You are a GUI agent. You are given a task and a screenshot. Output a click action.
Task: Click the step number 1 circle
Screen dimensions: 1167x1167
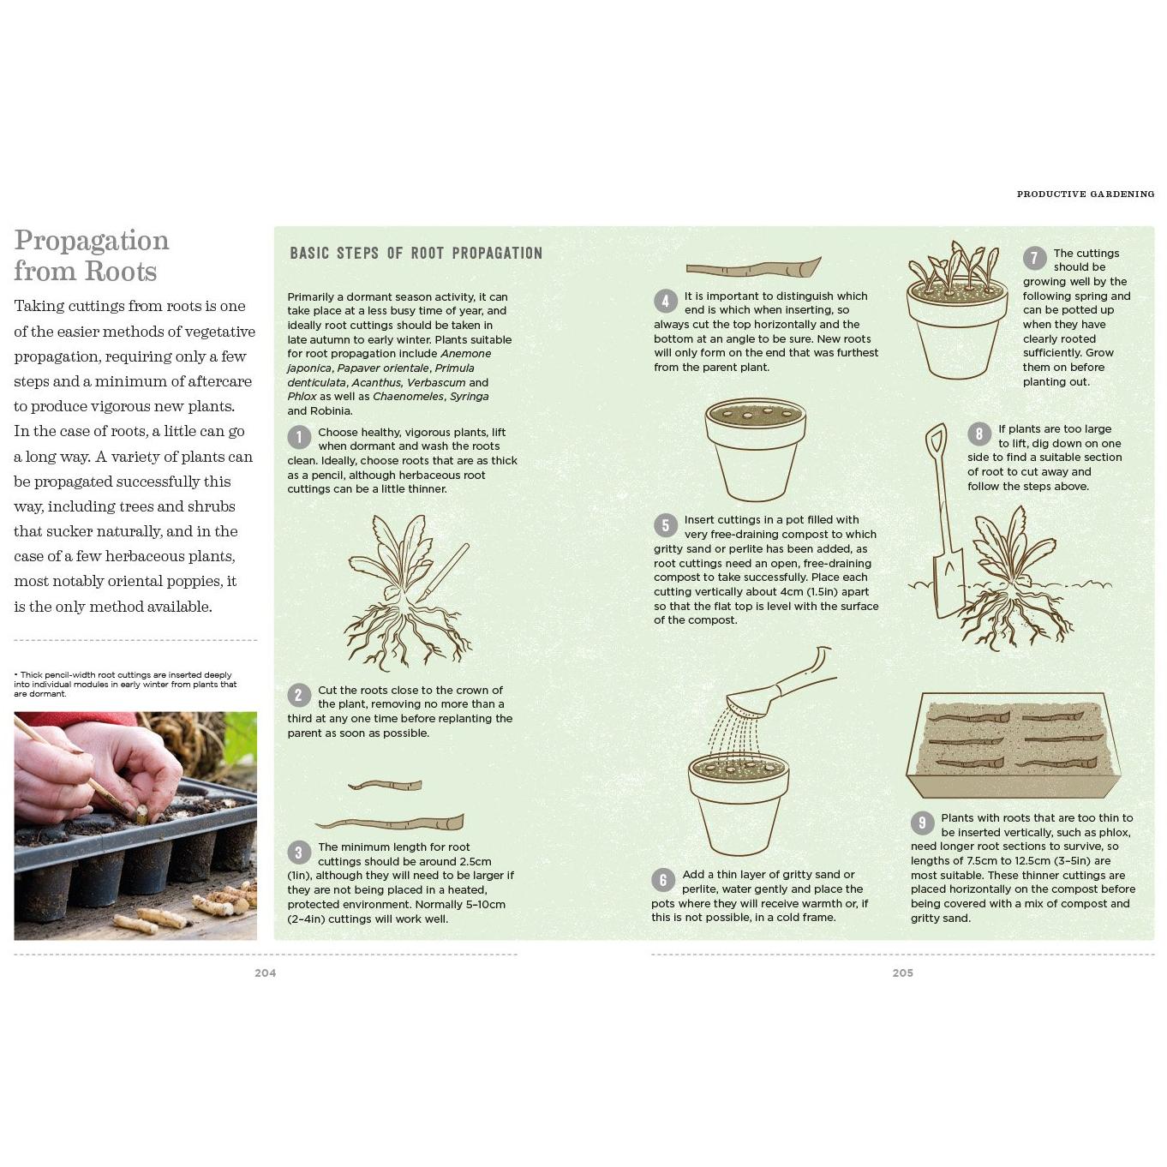click(298, 437)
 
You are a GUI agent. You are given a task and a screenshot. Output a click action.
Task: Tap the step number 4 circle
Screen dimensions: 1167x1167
click(665, 301)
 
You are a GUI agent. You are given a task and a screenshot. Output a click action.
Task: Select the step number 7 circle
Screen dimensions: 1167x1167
click(1034, 258)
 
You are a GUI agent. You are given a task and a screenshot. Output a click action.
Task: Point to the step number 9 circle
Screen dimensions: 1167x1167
click(922, 823)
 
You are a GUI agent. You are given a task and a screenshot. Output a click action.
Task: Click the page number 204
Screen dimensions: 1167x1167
click(266, 972)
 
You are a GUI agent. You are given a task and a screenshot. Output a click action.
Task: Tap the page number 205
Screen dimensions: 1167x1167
click(902, 972)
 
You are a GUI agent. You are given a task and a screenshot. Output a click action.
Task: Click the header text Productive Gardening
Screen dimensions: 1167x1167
click(1086, 194)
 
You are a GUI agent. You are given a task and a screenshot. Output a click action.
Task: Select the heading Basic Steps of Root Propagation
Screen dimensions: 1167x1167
click(416, 253)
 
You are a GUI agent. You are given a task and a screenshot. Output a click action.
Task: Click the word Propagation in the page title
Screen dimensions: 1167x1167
click(92, 241)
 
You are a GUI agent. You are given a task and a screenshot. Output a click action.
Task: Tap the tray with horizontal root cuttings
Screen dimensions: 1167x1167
click(1013, 745)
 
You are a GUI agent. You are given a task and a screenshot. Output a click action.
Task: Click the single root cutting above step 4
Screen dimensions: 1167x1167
click(753, 267)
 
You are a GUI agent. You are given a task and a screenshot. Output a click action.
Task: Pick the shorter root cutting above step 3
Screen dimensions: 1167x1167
click(385, 786)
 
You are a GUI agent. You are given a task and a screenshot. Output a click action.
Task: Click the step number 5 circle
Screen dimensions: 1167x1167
click(665, 524)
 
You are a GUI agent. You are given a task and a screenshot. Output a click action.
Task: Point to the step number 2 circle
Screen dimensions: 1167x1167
click(298, 695)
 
